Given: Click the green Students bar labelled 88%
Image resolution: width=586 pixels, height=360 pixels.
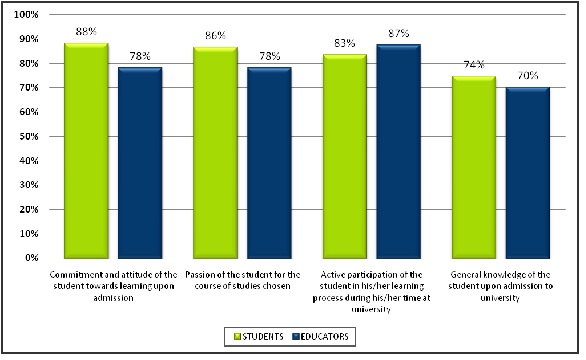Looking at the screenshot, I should [87, 150].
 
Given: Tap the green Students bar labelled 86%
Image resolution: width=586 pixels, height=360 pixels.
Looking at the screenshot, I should [216, 152].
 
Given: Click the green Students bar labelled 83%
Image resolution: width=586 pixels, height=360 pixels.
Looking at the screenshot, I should [345, 156].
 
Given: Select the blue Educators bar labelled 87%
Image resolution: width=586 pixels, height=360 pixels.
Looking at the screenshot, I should [399, 151].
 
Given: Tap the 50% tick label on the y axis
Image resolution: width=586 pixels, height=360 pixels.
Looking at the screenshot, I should [29, 136].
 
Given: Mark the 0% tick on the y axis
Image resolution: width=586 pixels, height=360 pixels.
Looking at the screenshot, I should [31, 258].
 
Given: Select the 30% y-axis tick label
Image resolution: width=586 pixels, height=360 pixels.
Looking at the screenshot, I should [29, 185].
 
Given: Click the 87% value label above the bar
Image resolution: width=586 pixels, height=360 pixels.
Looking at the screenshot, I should [399, 34].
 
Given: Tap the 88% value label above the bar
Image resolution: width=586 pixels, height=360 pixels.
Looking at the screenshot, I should [87, 32].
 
